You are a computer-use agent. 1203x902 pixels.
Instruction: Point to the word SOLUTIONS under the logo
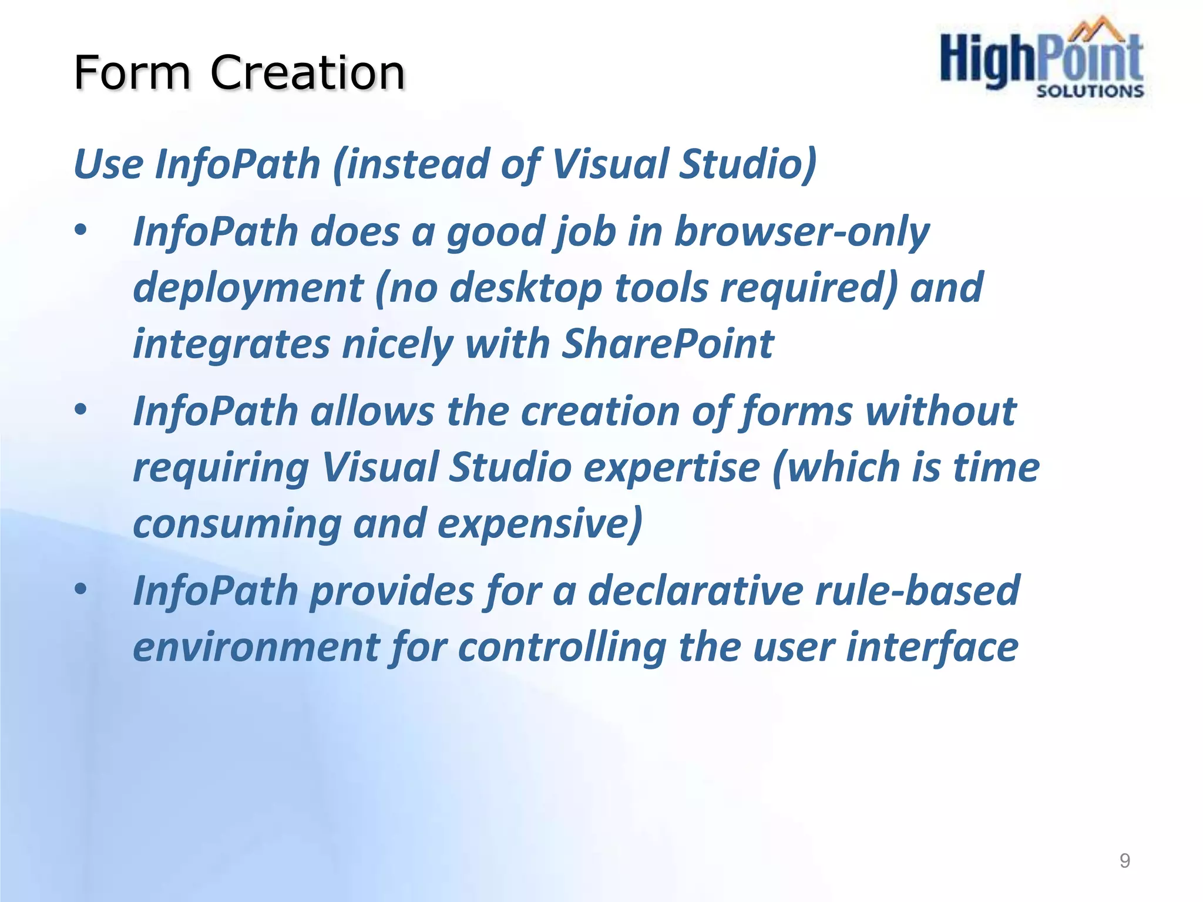pyautogui.click(x=1090, y=91)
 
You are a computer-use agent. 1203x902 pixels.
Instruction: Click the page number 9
pyautogui.click(x=1124, y=860)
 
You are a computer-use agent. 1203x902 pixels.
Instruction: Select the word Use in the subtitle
pyautogui.click(x=109, y=164)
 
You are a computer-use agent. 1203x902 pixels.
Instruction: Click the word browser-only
pyautogui.click(x=801, y=232)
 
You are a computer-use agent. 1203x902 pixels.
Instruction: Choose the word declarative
pyautogui.click(x=695, y=590)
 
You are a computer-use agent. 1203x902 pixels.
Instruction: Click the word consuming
pyautogui.click(x=237, y=524)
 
